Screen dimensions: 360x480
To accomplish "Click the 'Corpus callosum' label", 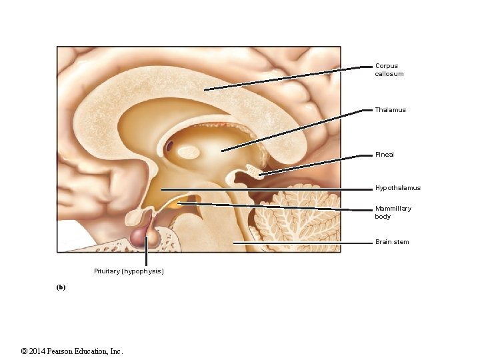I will [389, 70].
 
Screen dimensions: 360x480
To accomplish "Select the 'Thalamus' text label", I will [390, 110].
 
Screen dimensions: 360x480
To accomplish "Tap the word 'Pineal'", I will [384, 155].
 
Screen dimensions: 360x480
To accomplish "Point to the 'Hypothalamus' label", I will [397, 188].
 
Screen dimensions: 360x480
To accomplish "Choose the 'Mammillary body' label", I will [393, 212].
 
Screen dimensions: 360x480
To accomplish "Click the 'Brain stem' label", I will [392, 242].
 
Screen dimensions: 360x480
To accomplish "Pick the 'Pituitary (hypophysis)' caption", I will [129, 271].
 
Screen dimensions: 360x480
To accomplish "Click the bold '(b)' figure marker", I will [61, 287].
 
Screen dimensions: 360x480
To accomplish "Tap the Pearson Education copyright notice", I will [72, 351].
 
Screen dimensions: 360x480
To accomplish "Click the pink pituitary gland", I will [141, 235].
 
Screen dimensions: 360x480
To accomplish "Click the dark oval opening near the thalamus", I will [170, 145].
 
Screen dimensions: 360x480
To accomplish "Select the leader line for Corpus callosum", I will [287, 78].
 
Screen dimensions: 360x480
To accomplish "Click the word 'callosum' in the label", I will [389, 74].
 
